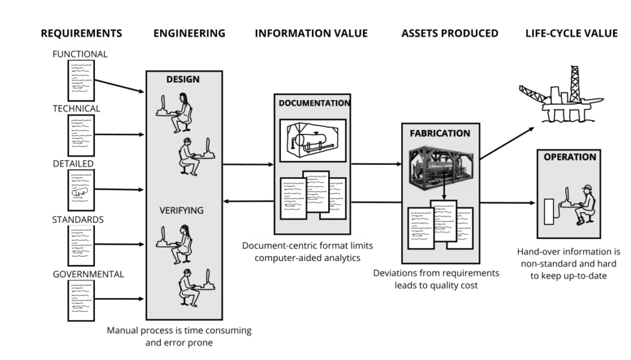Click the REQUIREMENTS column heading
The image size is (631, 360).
click(x=81, y=34)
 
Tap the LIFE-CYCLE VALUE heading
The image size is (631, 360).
click(x=572, y=34)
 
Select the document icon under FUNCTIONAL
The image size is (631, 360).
click(x=81, y=81)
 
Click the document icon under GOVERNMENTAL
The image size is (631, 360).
click(x=81, y=301)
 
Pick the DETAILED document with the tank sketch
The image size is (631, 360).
click(x=81, y=190)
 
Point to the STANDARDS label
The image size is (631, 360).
click(x=78, y=220)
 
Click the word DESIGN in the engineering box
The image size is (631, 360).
click(x=183, y=79)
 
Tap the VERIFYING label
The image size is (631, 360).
click(x=181, y=210)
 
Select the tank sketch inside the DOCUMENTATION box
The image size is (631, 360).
click(x=313, y=140)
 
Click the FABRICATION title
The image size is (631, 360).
click(x=440, y=133)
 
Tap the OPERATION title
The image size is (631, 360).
click(x=570, y=157)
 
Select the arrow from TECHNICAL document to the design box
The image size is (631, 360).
click(x=119, y=134)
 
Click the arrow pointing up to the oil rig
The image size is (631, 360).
click(x=507, y=143)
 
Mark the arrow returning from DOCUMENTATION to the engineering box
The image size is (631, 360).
click(x=249, y=201)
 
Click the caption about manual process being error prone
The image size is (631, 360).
click(x=179, y=337)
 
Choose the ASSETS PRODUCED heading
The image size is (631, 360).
click(x=450, y=34)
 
